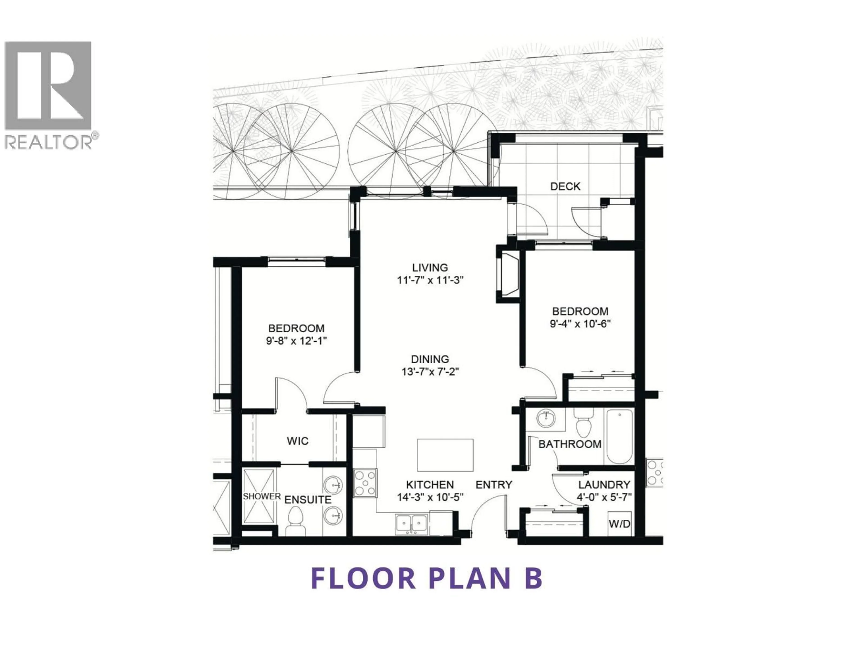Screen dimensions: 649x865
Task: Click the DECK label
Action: (x=565, y=187)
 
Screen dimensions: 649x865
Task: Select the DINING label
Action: (x=430, y=359)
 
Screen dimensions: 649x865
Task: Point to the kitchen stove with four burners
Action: (x=365, y=483)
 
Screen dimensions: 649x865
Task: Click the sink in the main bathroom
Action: (x=546, y=419)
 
